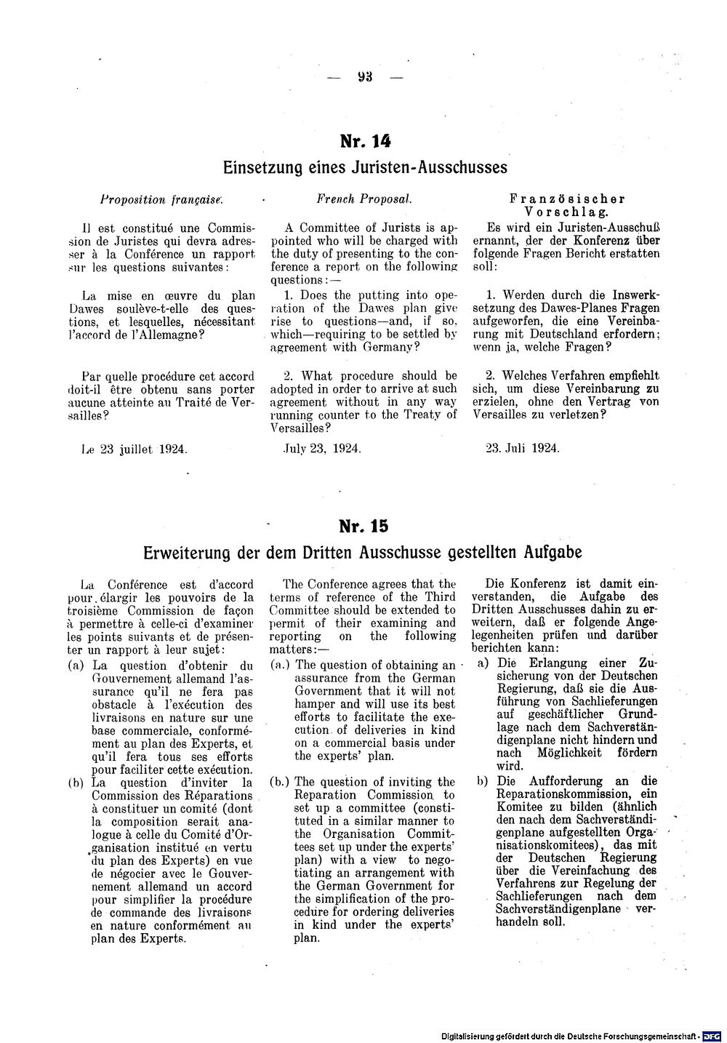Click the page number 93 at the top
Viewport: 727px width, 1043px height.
(364, 77)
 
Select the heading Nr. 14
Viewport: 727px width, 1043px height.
(364, 141)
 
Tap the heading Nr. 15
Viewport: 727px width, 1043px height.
(364, 526)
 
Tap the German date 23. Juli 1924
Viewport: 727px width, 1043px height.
(522, 449)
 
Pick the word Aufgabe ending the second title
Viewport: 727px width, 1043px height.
(553, 552)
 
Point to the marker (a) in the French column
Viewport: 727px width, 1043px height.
(74, 666)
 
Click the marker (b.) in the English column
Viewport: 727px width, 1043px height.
(280, 782)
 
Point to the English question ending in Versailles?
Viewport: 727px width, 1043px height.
(364, 401)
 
